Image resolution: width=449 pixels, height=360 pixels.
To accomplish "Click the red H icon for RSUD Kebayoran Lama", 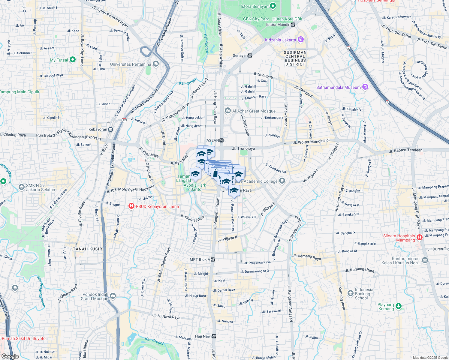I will coord(131,206).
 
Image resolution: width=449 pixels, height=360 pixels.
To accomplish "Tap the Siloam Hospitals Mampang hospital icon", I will coord(420,238).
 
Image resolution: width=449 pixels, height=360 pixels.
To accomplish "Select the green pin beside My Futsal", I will coord(72,60).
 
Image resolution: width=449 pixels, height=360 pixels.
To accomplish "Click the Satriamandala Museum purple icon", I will coord(365,87).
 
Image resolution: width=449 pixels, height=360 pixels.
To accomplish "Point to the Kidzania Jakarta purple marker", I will coord(301,40).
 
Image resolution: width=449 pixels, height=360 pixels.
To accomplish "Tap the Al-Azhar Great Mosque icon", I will coord(228,111).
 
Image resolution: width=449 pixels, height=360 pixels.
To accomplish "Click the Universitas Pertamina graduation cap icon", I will coord(155,64).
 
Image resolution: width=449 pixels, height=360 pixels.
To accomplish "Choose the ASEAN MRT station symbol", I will coord(221,140).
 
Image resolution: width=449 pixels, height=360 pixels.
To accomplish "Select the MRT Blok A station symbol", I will coord(212,259).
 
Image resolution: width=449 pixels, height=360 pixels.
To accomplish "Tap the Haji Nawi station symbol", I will coord(214,336).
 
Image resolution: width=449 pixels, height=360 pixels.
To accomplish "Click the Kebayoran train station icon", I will coord(111,130).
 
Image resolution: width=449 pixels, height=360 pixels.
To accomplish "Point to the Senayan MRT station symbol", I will coord(250,55).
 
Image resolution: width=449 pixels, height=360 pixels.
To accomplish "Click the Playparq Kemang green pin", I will coord(398,306).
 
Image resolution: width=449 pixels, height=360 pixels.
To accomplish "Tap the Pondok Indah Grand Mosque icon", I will coord(113,296).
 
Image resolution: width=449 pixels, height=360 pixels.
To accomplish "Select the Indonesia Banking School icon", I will coord(350,293).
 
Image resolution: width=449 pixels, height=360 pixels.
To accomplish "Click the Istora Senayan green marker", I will coord(273,6).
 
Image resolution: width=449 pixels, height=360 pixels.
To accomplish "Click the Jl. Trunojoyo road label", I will coord(243,148).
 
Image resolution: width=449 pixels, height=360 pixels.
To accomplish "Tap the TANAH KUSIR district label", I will coord(88,249).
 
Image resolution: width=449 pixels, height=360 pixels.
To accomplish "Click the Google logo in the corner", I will coord(10,356).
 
